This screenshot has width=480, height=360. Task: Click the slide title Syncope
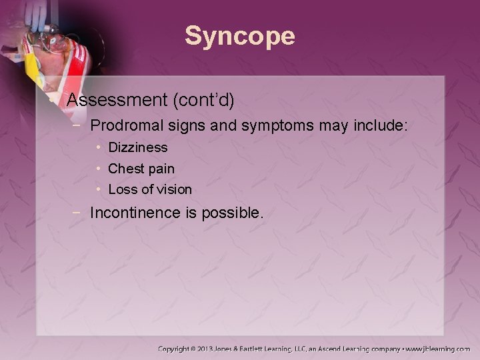pos(239,36)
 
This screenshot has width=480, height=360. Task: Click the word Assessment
pos(117,101)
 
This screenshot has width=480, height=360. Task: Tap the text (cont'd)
pos(203,101)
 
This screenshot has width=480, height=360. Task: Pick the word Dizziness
pos(137,147)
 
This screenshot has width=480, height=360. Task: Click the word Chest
pos(125,169)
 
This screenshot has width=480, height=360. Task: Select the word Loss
pos(122,189)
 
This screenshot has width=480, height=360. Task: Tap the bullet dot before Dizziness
pos(98,147)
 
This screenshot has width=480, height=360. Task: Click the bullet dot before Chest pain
pos(98,169)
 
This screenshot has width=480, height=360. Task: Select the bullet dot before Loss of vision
pos(98,189)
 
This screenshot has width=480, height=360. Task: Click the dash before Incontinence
pos(79,213)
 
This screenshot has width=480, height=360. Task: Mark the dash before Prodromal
pos(79,125)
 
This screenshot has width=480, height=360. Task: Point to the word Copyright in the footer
pos(175,349)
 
